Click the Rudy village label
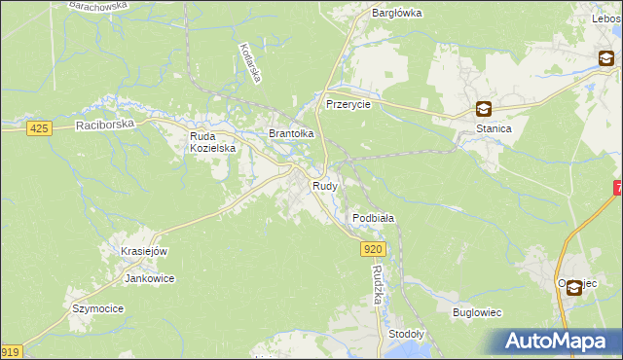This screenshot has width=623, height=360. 324,185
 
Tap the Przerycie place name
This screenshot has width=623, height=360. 348,104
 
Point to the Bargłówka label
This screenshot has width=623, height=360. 396,13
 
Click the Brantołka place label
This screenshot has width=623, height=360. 291,133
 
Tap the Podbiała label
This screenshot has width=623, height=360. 373,219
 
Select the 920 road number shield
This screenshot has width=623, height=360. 375,250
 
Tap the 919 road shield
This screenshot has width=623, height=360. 10,351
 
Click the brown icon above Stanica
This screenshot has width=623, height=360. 484,110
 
